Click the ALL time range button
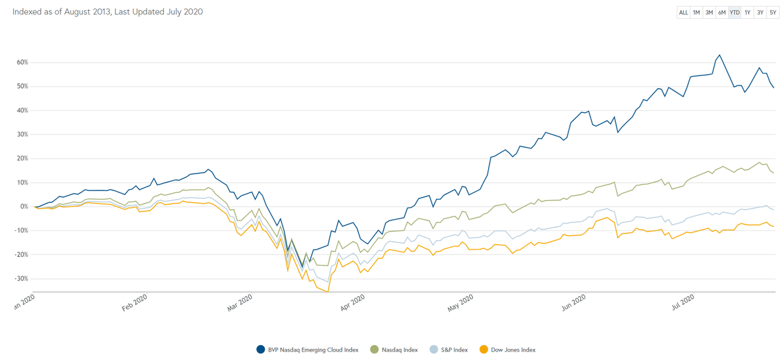pos(683,12)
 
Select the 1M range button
pos(696,12)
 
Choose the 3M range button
pos(709,12)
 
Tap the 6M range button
pos(722,12)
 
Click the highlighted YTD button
pos(735,12)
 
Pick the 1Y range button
pos(748,12)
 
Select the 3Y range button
pos(760,12)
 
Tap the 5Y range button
pos(773,12)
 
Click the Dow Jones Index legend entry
pos(507,350)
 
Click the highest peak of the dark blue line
pos(719,55)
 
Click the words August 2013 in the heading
pos(84,12)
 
